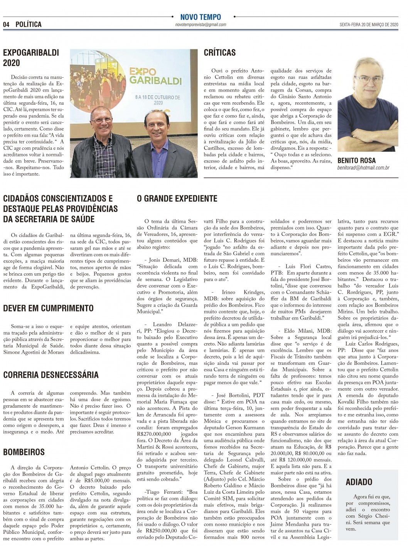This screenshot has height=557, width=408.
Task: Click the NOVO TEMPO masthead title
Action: click(201, 17)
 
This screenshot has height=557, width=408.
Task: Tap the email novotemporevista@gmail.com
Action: click(201, 25)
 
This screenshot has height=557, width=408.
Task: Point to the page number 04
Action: click(6, 24)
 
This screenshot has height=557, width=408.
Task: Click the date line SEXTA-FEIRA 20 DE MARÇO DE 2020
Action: click(368, 24)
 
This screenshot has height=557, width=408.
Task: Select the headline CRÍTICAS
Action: click(219, 53)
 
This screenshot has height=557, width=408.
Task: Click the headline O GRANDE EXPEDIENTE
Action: click(177, 199)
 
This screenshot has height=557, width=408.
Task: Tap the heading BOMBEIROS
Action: click(24, 452)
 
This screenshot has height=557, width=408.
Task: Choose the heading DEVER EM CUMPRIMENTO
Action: click(48, 308)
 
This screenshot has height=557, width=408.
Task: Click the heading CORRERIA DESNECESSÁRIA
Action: click(51, 375)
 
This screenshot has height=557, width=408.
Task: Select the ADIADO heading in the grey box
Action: click(359, 482)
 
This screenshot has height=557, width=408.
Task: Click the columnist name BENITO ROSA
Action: click(356, 161)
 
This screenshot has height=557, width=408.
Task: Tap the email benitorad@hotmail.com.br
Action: click(363, 168)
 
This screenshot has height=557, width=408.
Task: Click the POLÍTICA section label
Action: click(29, 24)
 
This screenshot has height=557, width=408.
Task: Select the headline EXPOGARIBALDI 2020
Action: click(31, 58)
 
